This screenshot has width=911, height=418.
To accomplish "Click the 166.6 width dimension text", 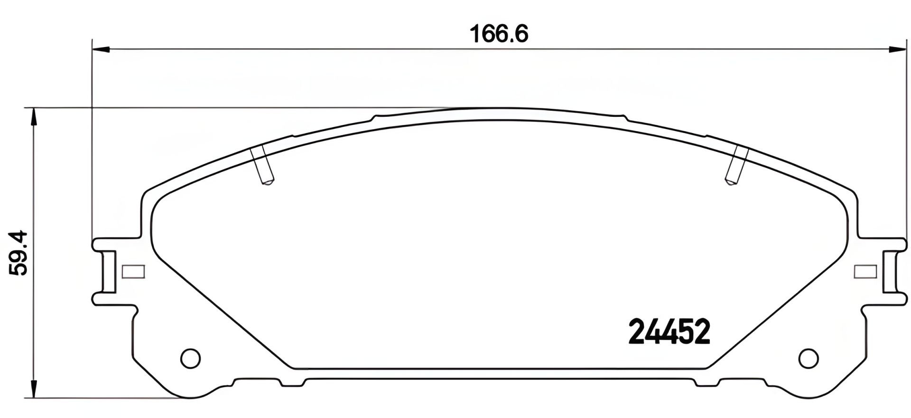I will pos(499,34).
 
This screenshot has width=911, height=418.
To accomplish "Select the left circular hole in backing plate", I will pos(191,358).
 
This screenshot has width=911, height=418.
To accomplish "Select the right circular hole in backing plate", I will pos(808,358).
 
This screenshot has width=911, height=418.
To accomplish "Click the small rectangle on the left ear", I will pos(133,272).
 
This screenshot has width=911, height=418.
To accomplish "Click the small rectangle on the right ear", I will pos(865,272).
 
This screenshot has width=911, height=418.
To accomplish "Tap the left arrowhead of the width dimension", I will pos(100,48).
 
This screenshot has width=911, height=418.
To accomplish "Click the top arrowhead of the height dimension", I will pos(33,117).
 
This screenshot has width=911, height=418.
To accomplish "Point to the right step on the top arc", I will pos(623,117).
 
